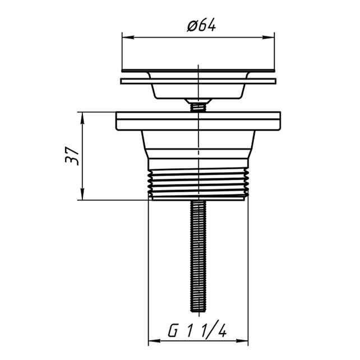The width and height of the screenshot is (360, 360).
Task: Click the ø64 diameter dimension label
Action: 201,25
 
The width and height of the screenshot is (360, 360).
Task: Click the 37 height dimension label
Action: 72,156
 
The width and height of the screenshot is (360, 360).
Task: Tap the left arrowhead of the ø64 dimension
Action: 128,37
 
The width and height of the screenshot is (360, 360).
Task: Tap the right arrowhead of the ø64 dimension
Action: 269,37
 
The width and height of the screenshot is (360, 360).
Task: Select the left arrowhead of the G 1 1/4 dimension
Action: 154,341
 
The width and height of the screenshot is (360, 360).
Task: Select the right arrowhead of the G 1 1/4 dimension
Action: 242,341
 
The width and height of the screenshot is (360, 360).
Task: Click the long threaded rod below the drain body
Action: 199,256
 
